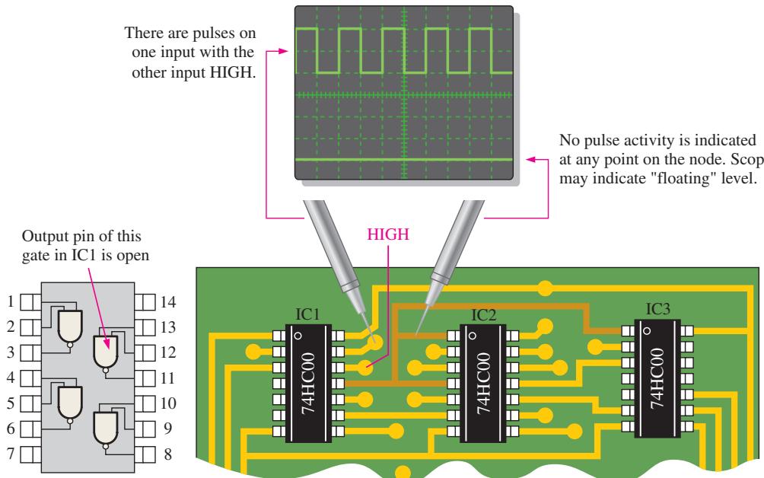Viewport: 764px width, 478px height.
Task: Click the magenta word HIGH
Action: click(x=388, y=234)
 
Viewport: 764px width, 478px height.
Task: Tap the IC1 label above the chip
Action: click(x=307, y=314)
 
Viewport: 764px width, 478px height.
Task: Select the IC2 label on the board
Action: click(x=483, y=315)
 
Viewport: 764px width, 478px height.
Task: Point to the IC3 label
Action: click(x=657, y=309)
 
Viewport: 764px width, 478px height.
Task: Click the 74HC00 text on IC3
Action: click(x=657, y=378)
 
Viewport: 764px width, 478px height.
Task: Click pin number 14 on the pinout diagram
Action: click(x=167, y=302)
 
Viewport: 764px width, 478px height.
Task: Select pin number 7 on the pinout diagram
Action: click(x=11, y=454)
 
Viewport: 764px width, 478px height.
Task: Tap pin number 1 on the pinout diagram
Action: click(x=11, y=301)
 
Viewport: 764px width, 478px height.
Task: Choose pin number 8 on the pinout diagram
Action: click(x=167, y=454)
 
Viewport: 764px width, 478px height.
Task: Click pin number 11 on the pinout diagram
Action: click(x=167, y=378)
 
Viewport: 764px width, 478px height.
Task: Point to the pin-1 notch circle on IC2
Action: click(x=472, y=336)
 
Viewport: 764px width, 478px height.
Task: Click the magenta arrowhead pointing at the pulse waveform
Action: click(x=284, y=51)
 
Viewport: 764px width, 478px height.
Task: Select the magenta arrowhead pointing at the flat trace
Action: click(x=532, y=159)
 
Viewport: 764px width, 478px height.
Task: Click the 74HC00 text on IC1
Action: click(x=309, y=383)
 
